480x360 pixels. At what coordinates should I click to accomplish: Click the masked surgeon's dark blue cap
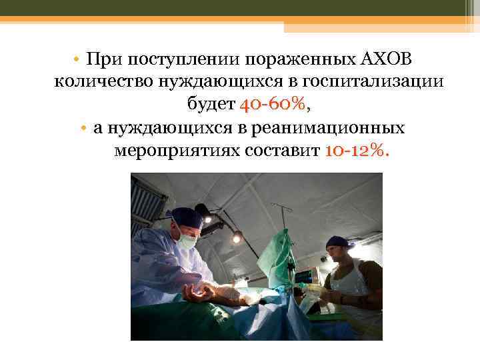pos(186,216)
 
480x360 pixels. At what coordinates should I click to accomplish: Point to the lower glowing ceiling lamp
pos(236,237)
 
